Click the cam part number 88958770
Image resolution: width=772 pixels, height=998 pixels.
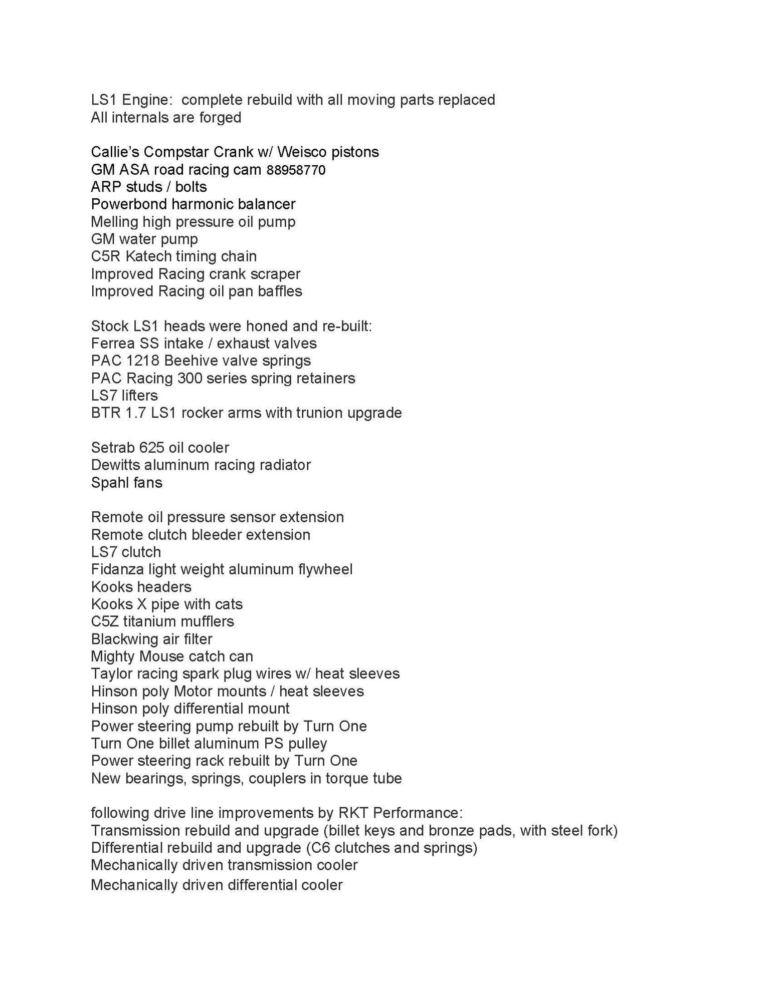pos(296,170)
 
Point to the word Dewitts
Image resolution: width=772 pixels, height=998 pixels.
pos(115,465)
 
